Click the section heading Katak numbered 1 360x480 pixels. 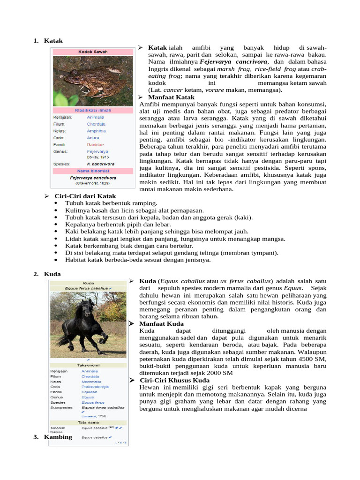[53, 41]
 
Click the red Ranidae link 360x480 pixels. [95, 145]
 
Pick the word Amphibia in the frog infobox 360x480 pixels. [96, 131]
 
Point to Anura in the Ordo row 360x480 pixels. [93, 138]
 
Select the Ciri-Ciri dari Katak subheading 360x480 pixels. [85, 195]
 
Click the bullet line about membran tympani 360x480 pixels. [172, 253]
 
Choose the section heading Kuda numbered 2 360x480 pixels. [52, 274]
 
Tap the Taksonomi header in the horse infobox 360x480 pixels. [88, 365]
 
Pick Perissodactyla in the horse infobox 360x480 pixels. [96, 387]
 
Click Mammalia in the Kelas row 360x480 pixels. [92, 382]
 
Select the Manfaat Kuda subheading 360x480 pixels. [161, 324]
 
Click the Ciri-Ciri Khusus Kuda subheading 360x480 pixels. [174, 380]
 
